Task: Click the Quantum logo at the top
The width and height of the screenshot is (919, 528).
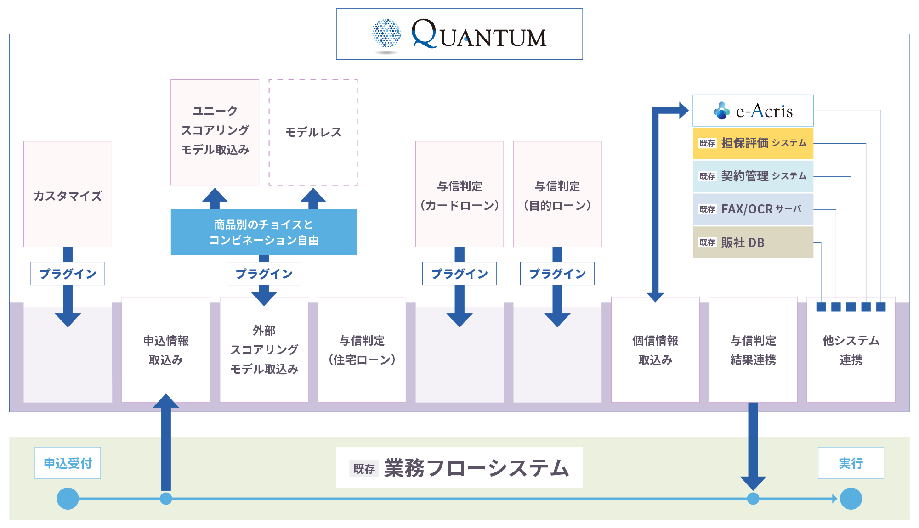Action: click(x=459, y=34)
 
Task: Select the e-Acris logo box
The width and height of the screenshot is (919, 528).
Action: click(x=753, y=111)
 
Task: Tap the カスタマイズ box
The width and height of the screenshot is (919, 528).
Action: click(x=68, y=194)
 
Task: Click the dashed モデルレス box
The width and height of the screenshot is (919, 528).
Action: click(x=313, y=132)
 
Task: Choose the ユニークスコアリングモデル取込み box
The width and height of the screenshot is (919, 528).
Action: click(x=215, y=132)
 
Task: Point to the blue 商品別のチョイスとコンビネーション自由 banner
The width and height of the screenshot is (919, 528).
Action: click(x=264, y=232)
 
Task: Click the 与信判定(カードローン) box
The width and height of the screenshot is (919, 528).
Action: click(x=459, y=194)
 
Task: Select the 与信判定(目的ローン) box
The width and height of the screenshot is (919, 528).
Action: click(x=557, y=194)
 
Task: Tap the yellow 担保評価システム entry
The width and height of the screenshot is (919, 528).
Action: click(x=753, y=143)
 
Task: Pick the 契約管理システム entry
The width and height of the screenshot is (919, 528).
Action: click(x=753, y=176)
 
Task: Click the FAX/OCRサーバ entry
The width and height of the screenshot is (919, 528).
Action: click(x=753, y=209)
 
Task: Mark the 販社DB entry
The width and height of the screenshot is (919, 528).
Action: click(x=753, y=242)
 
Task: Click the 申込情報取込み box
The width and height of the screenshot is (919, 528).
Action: click(x=166, y=350)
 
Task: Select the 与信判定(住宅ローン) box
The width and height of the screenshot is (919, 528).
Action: click(x=362, y=350)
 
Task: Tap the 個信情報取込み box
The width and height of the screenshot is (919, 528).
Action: click(x=655, y=350)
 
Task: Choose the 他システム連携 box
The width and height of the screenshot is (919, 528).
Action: click(x=851, y=350)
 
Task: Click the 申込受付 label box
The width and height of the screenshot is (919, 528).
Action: click(x=68, y=463)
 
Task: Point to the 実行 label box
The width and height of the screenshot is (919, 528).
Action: click(x=851, y=463)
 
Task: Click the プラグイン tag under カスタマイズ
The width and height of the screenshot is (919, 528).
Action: click(x=68, y=274)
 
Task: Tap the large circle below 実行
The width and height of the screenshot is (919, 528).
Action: click(x=851, y=499)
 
